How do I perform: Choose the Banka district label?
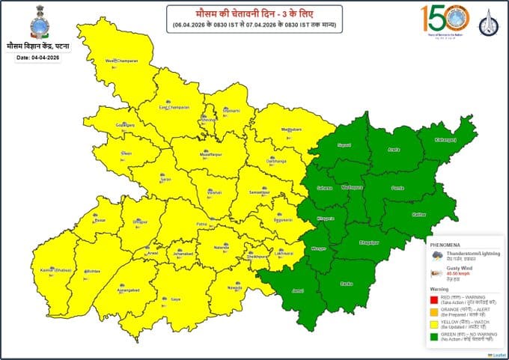[346, 284]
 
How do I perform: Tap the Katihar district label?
[419, 215]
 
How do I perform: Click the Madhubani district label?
[279, 129]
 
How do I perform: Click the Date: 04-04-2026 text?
[37, 58]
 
